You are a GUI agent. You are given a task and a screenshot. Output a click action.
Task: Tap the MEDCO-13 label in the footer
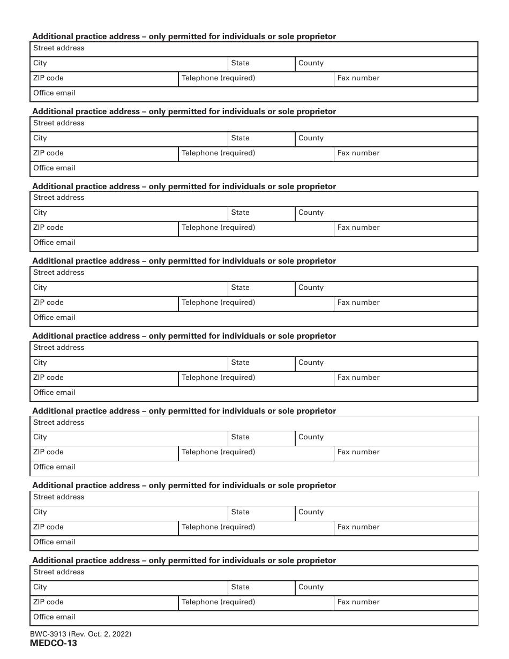pos(55,643)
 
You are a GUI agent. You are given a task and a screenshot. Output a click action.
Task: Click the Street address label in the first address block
pos(58,48)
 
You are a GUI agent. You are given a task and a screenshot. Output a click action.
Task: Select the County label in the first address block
pos(311,63)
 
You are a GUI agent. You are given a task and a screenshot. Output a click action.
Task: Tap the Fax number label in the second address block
pos(358,153)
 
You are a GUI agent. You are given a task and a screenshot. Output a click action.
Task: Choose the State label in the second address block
pos(240,138)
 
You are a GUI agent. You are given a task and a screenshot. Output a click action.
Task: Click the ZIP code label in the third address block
pos(48,228)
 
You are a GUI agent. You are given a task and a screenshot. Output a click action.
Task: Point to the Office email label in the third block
pos(54,243)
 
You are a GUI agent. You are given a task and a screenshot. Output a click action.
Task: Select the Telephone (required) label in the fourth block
pos(218,303)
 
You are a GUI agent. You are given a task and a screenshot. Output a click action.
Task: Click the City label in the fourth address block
pos(40,288)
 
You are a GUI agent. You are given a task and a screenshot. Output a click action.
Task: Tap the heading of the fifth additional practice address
pos(184,336)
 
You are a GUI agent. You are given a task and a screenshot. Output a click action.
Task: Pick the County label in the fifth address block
pos(311,363)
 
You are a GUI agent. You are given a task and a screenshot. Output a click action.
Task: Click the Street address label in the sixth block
pos(58,423)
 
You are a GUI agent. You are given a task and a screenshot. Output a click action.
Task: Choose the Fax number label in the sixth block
pos(358,452)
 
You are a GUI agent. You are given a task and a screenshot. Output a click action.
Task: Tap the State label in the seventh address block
pos(240,512)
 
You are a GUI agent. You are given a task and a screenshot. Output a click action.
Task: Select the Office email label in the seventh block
pos(54,542)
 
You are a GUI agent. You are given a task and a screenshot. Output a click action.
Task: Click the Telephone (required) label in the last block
pos(218,602)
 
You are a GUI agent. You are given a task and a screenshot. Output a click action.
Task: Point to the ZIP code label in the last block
pos(48,602)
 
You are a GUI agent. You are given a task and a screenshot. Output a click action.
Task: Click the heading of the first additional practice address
pos(184,36)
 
